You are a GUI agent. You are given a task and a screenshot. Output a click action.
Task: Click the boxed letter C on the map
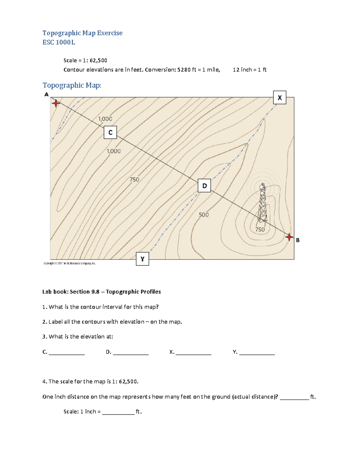tap(110, 132)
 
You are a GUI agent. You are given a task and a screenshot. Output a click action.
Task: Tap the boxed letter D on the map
tap(204, 186)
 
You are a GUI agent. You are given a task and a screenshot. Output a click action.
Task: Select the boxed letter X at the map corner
tap(280, 98)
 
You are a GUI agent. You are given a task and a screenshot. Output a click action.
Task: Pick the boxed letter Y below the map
tap(142, 259)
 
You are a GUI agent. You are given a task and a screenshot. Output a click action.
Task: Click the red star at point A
tap(56, 104)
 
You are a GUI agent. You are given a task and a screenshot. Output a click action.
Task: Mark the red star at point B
tap(289, 237)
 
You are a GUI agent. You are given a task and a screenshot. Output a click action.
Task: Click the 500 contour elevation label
tap(204, 215)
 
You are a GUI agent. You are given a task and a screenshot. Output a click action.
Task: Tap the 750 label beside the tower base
tap(260, 230)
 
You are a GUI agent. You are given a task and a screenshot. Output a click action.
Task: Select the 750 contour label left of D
tap(134, 179)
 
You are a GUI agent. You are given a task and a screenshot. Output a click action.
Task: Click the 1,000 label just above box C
tap(105, 119)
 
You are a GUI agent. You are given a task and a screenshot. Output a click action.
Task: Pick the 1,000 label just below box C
tap(114, 151)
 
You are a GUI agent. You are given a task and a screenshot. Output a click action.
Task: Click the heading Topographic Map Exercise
tap(82, 33)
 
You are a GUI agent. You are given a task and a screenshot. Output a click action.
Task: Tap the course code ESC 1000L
tap(59, 42)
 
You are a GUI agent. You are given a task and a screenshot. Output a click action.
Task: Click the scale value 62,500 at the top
tap(98, 60)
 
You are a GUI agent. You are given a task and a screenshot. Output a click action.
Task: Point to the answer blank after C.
tap(67, 353)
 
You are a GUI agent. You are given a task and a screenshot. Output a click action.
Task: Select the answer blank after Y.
tap(257, 353)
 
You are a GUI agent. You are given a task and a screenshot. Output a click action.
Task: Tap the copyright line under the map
tap(70, 263)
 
